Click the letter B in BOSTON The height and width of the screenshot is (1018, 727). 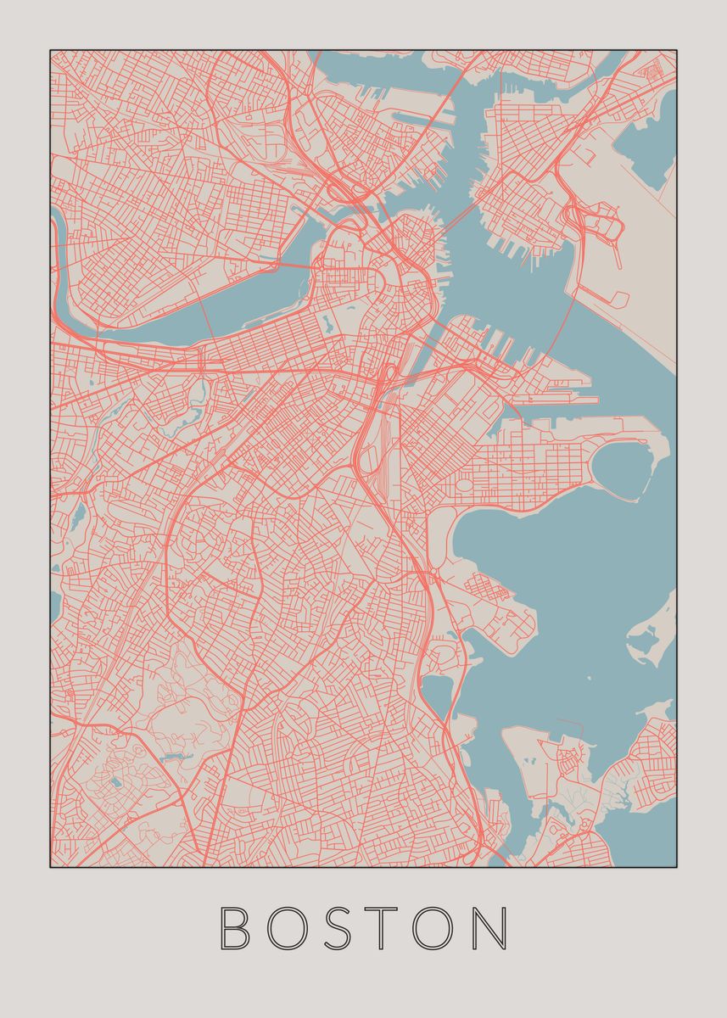[x=235, y=928]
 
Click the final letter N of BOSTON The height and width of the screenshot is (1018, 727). [x=493, y=928]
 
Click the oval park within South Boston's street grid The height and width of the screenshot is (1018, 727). [x=465, y=486]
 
